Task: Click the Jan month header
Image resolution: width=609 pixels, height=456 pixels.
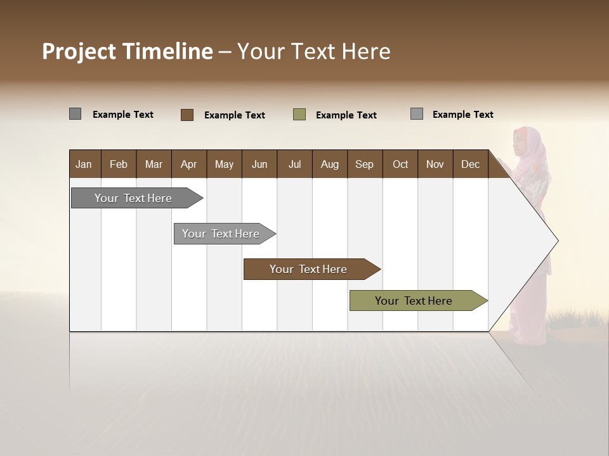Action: pos(84,164)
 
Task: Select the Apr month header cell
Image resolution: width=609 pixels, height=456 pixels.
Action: pos(188,164)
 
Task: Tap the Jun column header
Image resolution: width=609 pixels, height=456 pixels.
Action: pos(259,164)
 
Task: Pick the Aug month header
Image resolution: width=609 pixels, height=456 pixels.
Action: pos(329,164)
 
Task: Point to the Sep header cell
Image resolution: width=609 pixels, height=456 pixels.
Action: pos(364,164)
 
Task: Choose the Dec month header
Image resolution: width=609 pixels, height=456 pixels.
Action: pos(470,164)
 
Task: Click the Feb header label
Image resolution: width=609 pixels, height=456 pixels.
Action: pos(119,164)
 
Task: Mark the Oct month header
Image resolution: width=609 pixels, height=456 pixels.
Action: pos(400,164)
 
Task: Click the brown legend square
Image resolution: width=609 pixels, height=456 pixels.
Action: pos(187,115)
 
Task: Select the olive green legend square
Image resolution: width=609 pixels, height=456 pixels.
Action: pos(299,115)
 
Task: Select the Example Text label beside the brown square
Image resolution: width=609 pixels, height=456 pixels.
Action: pos(235,115)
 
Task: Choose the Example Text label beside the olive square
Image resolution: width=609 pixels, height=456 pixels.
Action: pos(346,115)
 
